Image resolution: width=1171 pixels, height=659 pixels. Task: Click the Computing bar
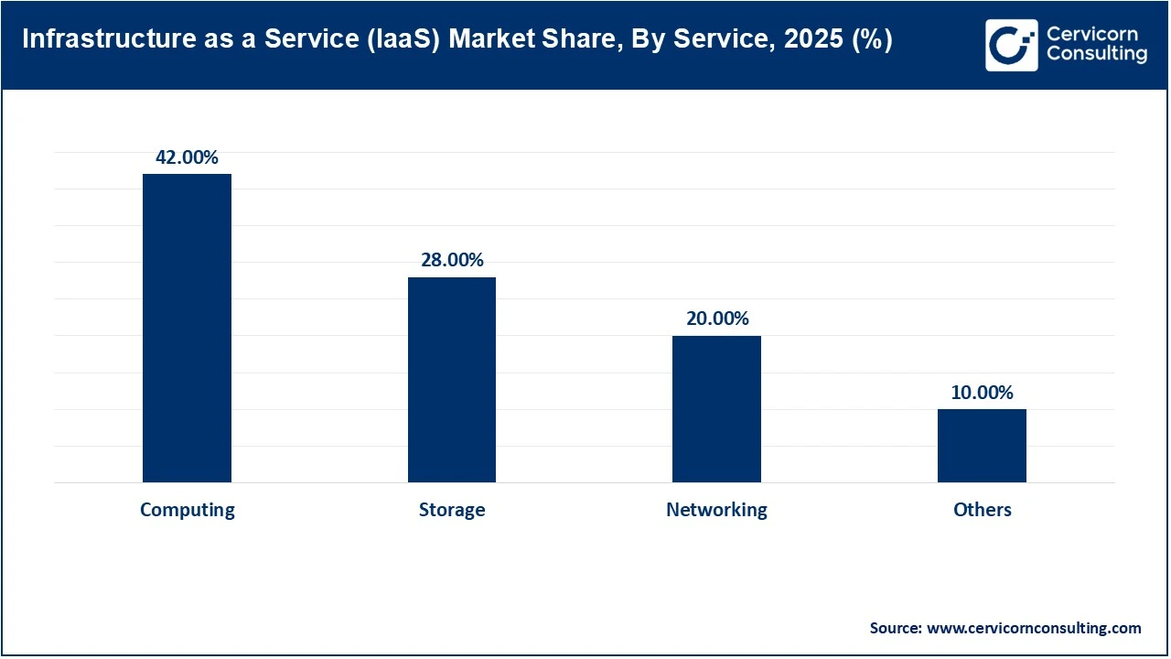click(x=187, y=328)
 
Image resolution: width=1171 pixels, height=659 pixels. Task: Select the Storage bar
click(x=452, y=380)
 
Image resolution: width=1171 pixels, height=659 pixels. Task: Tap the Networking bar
click(x=716, y=409)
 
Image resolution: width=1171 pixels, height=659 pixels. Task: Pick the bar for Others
click(x=982, y=446)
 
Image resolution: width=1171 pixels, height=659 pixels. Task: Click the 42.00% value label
click(x=187, y=157)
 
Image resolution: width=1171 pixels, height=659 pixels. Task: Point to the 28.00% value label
click(x=452, y=260)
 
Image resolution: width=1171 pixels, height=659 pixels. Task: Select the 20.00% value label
click(x=717, y=319)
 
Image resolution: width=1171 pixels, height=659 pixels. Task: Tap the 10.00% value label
click(x=982, y=393)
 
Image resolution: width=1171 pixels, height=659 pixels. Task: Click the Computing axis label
click(x=187, y=510)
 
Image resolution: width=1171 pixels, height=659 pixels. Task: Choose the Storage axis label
click(x=452, y=510)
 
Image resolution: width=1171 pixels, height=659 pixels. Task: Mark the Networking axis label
click(x=716, y=510)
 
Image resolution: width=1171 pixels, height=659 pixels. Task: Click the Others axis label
click(x=982, y=510)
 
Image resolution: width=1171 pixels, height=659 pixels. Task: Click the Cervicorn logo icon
click(x=1011, y=45)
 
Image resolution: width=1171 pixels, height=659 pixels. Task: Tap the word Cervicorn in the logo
click(x=1091, y=34)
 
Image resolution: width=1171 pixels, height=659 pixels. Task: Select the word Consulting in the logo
click(x=1096, y=54)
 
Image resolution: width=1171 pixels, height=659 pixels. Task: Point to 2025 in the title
click(x=812, y=41)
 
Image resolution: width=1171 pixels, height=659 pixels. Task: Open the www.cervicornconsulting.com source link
click(x=1034, y=628)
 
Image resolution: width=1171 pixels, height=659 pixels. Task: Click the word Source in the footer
click(x=894, y=628)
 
